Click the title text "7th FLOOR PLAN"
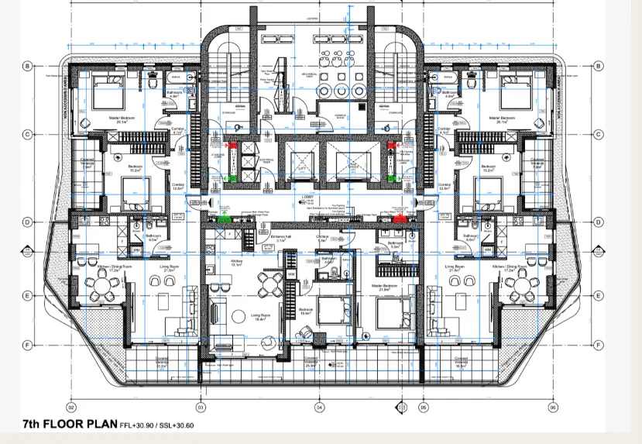[x=69, y=424]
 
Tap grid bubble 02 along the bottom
[x=71, y=407]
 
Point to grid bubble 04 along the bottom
[x=319, y=407]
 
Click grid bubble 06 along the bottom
[x=553, y=407]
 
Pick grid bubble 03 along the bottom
[x=201, y=407]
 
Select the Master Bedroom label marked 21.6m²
[x=381, y=287]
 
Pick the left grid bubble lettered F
[x=26, y=345]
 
